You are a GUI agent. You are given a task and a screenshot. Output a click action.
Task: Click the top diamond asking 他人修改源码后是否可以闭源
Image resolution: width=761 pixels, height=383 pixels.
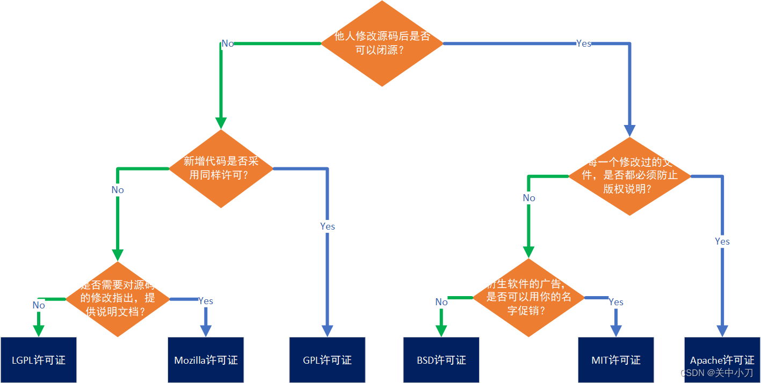382,43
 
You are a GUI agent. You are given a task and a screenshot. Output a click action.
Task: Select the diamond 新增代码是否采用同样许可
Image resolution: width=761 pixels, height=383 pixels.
221,168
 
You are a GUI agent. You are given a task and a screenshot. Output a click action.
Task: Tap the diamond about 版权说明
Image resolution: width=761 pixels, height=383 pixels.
629,176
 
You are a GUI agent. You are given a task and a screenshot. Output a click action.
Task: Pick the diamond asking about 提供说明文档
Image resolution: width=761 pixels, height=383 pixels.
118,299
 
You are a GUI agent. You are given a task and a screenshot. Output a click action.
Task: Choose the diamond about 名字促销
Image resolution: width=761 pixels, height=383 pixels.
528,298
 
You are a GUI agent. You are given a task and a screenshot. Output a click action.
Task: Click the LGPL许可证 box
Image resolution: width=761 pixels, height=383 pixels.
39,360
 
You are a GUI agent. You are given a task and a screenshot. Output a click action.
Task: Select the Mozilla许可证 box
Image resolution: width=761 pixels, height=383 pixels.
206,360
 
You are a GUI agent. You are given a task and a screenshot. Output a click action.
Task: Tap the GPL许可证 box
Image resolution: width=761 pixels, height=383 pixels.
327,360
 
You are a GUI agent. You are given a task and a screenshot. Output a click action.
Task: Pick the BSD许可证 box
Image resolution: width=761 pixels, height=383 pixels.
441,360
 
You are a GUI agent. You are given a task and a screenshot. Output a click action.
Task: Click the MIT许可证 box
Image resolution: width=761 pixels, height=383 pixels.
616,360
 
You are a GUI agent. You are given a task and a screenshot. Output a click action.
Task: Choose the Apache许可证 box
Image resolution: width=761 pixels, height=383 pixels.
722,360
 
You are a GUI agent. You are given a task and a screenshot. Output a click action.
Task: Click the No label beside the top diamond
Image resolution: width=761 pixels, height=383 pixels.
228,43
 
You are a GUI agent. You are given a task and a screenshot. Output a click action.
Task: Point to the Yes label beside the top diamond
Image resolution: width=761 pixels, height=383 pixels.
583,43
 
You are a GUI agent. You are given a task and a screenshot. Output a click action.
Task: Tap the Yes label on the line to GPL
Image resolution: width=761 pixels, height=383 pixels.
328,226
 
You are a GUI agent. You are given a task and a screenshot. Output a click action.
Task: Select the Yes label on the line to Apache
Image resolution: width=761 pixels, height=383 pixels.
722,241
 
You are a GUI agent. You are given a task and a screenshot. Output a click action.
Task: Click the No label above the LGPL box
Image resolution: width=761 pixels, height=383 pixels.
39,305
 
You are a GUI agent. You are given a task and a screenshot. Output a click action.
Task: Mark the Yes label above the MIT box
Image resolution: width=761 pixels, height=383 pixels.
616,302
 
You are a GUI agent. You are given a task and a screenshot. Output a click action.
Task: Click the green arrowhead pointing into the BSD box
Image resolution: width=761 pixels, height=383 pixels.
441,330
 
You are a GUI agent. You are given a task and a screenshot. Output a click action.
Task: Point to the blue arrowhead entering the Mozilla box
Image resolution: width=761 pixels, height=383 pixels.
206,330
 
